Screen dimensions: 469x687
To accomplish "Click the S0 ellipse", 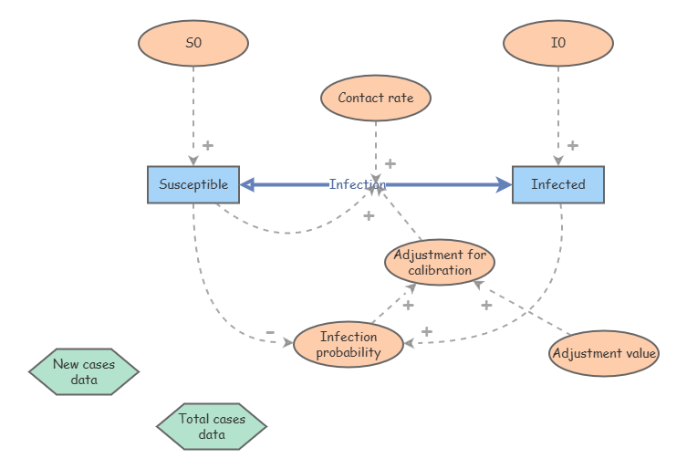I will [x=193, y=43].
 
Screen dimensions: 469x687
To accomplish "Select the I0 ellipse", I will [x=558, y=43].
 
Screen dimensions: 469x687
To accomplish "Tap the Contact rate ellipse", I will [x=376, y=98].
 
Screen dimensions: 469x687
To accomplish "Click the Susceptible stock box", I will [x=193, y=184].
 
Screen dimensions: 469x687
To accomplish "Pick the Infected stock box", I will [x=558, y=184].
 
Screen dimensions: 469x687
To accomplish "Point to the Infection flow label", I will [x=357, y=184].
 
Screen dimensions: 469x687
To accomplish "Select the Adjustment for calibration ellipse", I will [x=440, y=262].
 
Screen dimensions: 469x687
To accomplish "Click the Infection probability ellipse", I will [x=349, y=345].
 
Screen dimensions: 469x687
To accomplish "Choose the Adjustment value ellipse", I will [x=604, y=353].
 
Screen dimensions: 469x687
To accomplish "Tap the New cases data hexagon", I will [x=84, y=371].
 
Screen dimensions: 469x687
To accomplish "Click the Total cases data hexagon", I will [x=212, y=426].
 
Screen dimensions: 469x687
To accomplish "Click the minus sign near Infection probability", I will [x=269, y=332].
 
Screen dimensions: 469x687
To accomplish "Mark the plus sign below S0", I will [x=207, y=145].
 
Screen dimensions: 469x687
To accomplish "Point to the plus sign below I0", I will [x=572, y=145].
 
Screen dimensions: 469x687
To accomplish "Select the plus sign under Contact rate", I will [x=390, y=164].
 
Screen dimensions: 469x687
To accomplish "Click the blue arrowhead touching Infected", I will [x=505, y=184].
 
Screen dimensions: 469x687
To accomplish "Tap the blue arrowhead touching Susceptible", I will [x=247, y=184].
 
